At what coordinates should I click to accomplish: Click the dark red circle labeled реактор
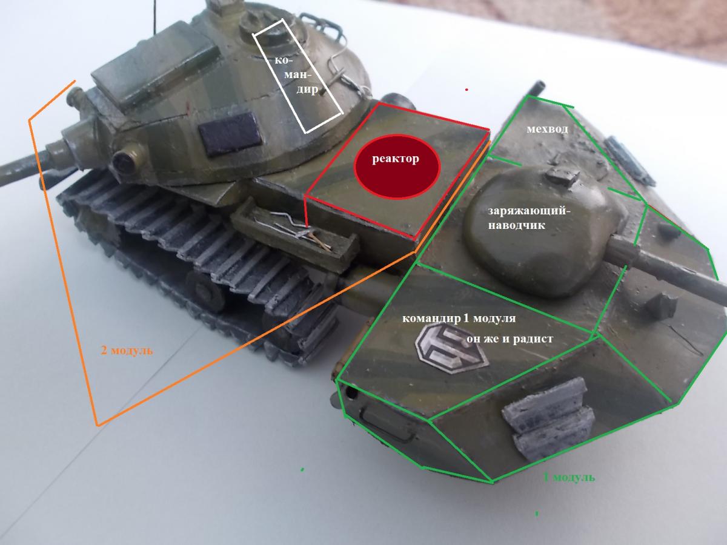coord(397,167)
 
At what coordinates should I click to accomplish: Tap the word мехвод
coord(547,129)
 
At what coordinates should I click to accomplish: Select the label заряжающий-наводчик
coord(529,218)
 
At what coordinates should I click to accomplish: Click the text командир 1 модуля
coord(459,319)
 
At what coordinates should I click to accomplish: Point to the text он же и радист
coord(510,339)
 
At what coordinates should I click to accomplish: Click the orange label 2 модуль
coord(127,350)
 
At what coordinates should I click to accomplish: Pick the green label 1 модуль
coord(569,477)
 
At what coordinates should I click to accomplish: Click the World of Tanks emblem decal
coord(451,348)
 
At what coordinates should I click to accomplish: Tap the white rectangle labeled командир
coord(298,76)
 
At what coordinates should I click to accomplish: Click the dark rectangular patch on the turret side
coord(230,134)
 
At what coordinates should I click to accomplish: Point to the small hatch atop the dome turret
coord(562,176)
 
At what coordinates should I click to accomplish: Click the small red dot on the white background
coord(466,90)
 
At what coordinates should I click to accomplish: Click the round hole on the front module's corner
coord(351,393)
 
